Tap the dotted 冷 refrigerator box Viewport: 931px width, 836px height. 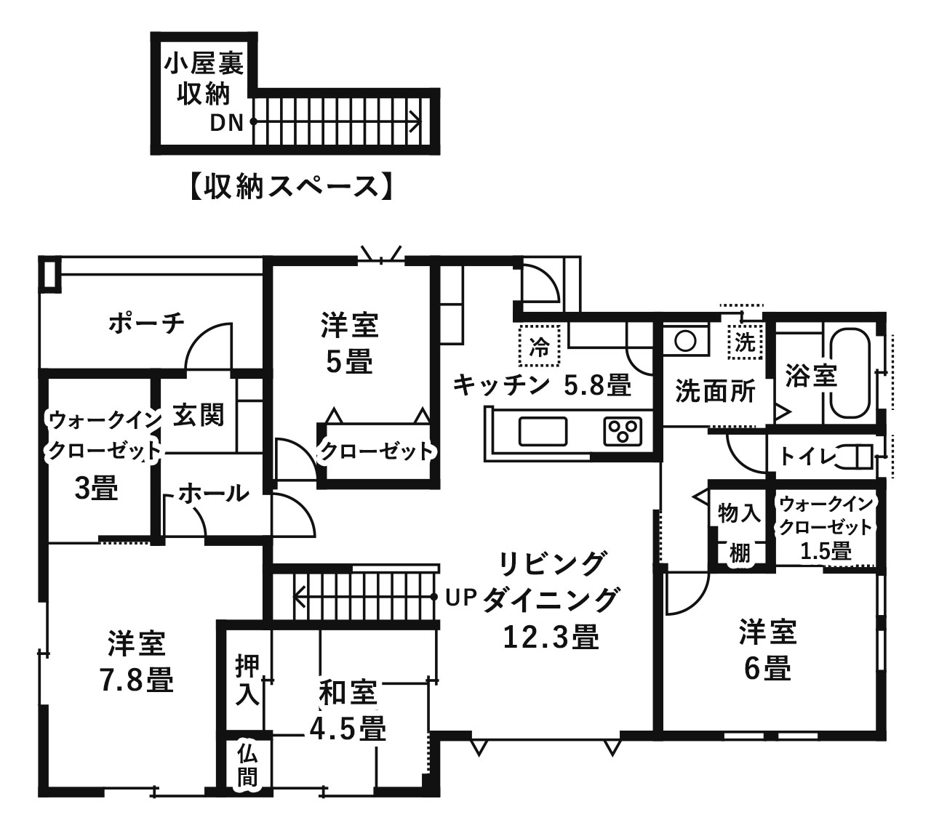point(540,345)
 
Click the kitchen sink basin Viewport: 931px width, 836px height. point(543,431)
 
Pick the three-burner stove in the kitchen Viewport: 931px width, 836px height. point(623,431)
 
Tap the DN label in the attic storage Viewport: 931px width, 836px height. point(226,123)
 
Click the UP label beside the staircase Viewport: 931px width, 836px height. point(460,598)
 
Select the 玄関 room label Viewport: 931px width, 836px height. point(199,415)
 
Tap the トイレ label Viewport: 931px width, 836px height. point(807,457)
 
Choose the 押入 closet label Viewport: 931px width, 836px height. point(247,680)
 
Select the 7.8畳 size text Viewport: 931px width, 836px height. point(137,680)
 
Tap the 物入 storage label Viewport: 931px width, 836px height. point(739,513)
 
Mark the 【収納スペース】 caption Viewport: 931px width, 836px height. point(292,187)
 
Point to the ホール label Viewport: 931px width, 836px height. point(213,494)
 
